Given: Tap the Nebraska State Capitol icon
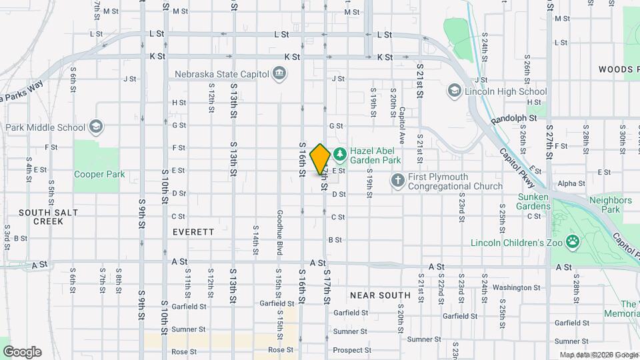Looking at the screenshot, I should point(280,73).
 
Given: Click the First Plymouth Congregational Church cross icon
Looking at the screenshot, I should point(397,181).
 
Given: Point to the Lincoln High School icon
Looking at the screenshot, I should point(455,91).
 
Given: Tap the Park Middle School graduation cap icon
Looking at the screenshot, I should point(96,127).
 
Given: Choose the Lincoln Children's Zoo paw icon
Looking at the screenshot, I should point(572,241).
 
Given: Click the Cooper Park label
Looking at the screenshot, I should point(99,175).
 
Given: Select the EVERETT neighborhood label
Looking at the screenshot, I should point(193,232).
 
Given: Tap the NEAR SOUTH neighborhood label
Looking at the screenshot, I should point(380,295).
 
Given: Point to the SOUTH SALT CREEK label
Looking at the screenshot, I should point(48,217).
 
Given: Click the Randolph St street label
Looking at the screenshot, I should point(514,119).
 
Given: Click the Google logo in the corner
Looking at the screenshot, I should point(22,352).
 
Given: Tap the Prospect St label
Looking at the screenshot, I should point(352,350).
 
